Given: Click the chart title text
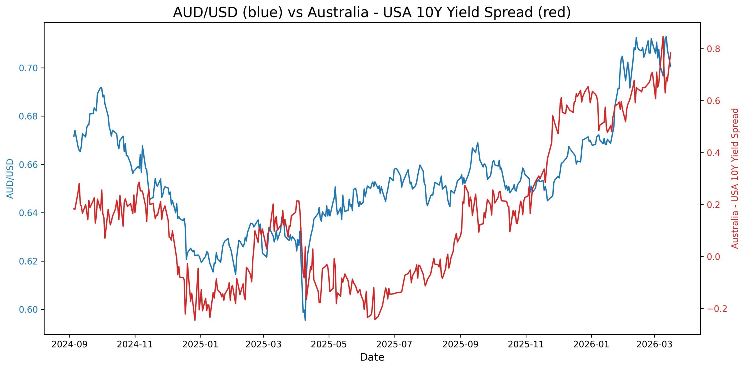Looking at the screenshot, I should pyautogui.click(x=372, y=13).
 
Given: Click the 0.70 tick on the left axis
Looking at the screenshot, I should pyautogui.click(x=29, y=68).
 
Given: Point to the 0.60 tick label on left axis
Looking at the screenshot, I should pyautogui.click(x=29, y=310).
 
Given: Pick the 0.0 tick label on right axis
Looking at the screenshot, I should pyautogui.click(x=713, y=257).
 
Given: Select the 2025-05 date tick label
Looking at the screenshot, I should pyautogui.click(x=329, y=345).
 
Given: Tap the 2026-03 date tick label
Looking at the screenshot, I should pyautogui.click(x=654, y=345).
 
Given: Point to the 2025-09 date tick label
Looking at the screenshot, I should pyautogui.click(x=460, y=345).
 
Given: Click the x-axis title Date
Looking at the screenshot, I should pyautogui.click(x=372, y=357).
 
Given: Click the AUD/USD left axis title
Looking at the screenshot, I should pyautogui.click(x=10, y=178).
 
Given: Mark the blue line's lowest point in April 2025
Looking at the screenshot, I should pyautogui.click(x=305, y=320).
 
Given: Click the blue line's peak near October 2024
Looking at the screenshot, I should pyautogui.click(x=101, y=87).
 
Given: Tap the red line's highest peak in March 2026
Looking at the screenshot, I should pyautogui.click(x=663, y=37).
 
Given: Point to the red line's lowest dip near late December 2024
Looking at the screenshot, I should pyautogui.click(x=195, y=320).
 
